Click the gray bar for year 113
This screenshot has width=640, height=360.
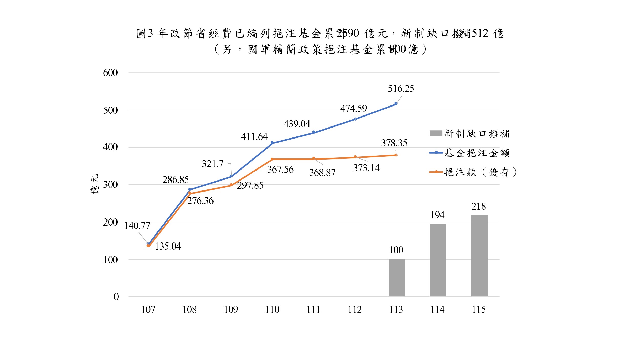[397, 278]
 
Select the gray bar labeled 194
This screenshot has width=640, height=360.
[438, 260]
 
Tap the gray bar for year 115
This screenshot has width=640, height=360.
[479, 256]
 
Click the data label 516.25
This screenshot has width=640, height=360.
[401, 89]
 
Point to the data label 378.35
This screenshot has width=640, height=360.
[394, 143]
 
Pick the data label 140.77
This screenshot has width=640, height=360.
[137, 226]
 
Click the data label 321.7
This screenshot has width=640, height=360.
[212, 164]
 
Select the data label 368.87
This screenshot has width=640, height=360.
[322, 173]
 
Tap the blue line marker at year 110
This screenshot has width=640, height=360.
[272, 143]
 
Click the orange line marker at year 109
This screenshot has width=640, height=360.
[231, 185]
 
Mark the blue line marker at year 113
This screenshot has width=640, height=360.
[396, 103]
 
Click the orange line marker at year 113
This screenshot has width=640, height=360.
[396, 155]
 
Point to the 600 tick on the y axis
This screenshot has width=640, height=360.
[110, 73]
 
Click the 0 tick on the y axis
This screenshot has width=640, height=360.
[116, 297]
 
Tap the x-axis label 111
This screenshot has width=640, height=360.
[313, 310]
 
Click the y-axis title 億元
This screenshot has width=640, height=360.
[94, 184]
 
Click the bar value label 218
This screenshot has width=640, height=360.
[478, 206]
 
